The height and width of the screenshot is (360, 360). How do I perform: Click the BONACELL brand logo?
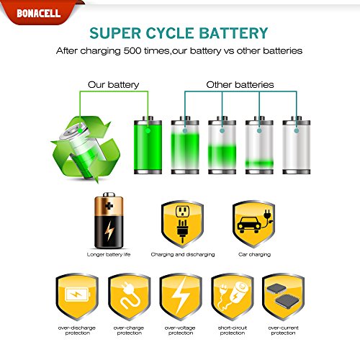[38, 13]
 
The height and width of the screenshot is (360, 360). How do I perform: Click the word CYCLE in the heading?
[170, 33]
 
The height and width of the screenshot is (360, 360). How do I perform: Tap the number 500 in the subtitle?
[132, 51]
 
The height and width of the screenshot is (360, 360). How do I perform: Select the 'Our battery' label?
[113, 85]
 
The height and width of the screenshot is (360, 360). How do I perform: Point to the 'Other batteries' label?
[240, 85]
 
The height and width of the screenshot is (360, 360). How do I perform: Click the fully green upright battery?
[148, 145]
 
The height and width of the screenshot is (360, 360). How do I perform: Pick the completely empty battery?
[297, 145]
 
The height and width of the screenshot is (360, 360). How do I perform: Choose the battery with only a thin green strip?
[259, 145]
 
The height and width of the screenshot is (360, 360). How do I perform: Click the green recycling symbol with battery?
[86, 149]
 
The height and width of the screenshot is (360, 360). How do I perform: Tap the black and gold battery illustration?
[109, 220]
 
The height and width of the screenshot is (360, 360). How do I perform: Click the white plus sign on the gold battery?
[109, 206]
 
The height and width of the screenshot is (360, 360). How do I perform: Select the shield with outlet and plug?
[182, 224]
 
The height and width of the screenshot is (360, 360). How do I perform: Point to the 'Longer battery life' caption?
[109, 254]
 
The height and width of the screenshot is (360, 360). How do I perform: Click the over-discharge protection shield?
[77, 297]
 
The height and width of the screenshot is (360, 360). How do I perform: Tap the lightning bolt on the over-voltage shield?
[181, 296]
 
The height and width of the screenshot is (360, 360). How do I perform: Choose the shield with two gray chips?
[283, 297]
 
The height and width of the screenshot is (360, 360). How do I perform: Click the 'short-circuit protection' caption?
[233, 330]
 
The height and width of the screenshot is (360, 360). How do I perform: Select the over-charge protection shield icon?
[130, 297]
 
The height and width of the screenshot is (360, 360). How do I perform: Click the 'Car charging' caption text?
[254, 254]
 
